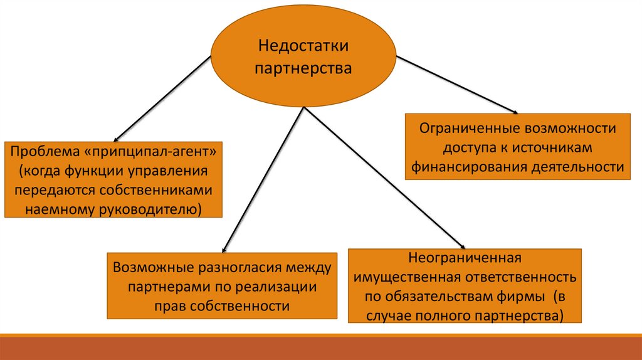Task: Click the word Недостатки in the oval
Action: pyautogui.click(x=303, y=46)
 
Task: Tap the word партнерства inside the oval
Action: pyautogui.click(x=303, y=68)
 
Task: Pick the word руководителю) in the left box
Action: pyautogui.click(x=150, y=208)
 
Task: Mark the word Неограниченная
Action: pyautogui.click(x=465, y=258)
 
